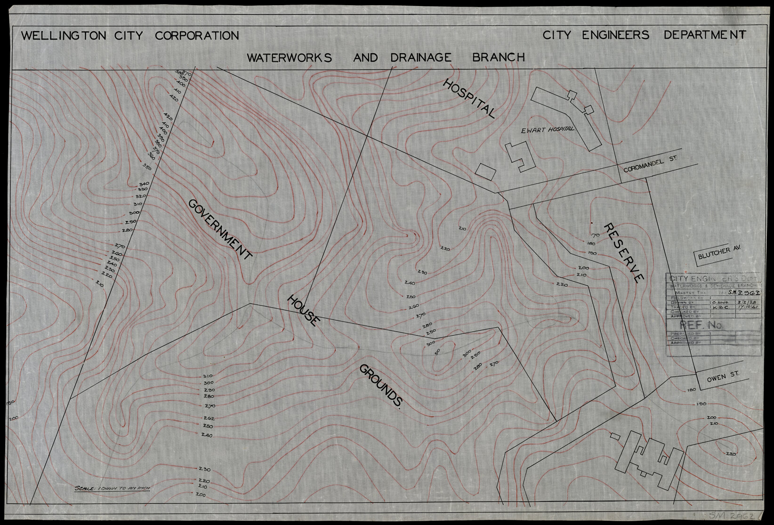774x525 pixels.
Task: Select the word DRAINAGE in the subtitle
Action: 421,57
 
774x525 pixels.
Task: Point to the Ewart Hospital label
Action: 547,129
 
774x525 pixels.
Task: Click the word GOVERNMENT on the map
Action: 220,229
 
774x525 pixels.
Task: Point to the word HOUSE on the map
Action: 304,311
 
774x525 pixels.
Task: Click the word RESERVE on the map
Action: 621,253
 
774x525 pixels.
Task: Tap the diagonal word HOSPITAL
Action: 469,99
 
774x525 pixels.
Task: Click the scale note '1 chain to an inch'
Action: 112,488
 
